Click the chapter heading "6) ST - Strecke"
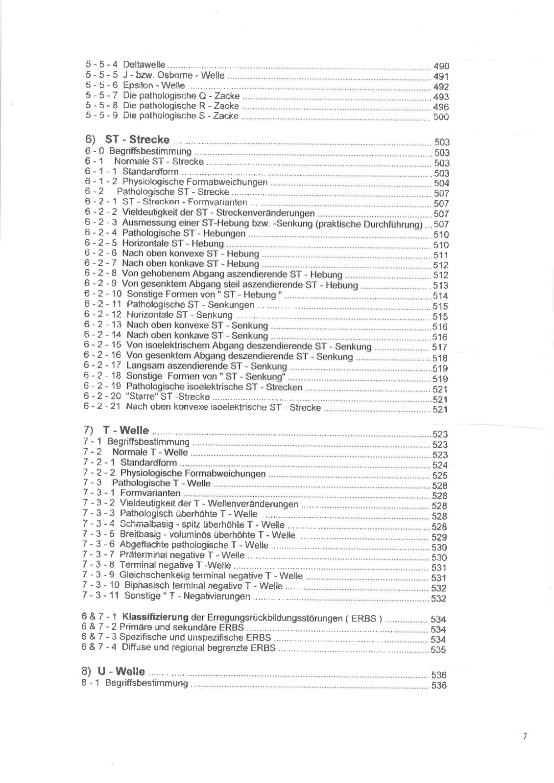[x=127, y=140]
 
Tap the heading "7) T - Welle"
[x=117, y=431]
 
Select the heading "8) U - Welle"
[x=113, y=672]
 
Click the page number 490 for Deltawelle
[x=441, y=66]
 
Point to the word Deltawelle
[x=144, y=65]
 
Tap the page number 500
[x=441, y=117]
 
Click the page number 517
[x=440, y=347]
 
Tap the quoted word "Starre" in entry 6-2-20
[x=141, y=397]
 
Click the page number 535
[x=438, y=650]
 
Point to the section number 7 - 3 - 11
[x=100, y=596]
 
